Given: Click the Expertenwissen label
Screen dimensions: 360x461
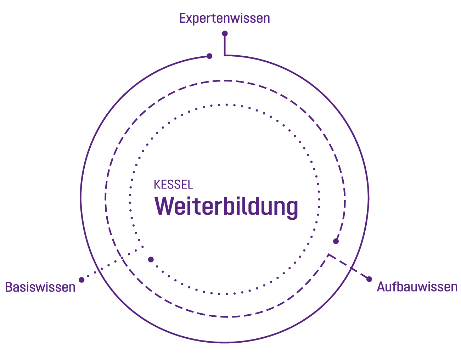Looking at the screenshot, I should pos(225,18).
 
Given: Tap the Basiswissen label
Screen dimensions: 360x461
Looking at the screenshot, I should pos(40,287).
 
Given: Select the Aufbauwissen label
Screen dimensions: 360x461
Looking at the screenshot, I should pos(417,287).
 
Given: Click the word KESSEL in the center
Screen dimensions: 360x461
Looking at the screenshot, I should pos(174,185).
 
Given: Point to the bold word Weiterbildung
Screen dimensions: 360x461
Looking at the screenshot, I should pos(226,207).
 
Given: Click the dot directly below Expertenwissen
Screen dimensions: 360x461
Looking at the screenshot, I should pos(225,34).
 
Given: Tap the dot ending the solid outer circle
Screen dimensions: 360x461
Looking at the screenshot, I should pos(209,56).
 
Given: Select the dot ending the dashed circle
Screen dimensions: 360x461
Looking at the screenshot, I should pos(336,241).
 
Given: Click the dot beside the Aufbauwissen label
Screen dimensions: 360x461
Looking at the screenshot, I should pos(369,279).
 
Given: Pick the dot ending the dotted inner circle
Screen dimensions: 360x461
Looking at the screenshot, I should pos(151,259).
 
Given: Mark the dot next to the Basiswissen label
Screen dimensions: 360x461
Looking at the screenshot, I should pos(81,280).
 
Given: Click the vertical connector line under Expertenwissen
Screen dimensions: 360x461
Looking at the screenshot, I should pos(224,45).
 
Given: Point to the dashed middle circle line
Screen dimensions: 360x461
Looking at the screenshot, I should pos(105,198).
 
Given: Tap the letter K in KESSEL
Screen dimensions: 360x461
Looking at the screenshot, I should pos(156,185).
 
